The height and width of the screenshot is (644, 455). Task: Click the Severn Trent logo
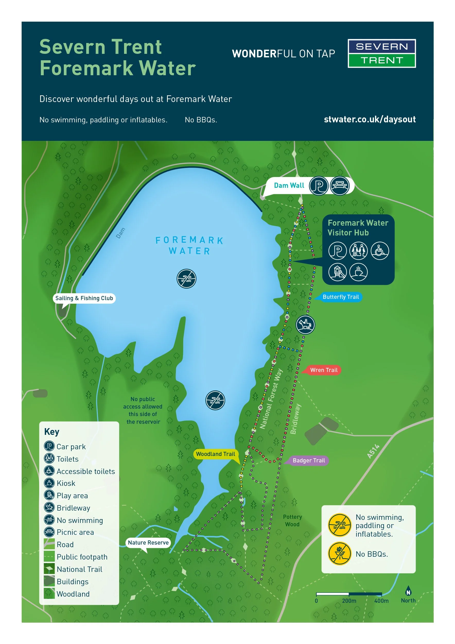(x=382, y=53)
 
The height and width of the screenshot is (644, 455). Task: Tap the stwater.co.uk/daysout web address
(x=370, y=119)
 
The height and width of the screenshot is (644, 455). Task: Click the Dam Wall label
(x=289, y=185)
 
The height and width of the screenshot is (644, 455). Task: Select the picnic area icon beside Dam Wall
(x=339, y=185)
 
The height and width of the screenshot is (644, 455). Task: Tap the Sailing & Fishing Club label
(x=84, y=298)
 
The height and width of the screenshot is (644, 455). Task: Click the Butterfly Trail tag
(x=340, y=297)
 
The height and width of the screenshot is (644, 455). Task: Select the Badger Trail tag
(x=309, y=460)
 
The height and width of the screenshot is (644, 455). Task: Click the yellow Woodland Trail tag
(x=215, y=454)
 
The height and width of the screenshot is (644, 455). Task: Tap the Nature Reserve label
(x=148, y=543)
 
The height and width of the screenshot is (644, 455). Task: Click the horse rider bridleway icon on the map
(x=305, y=325)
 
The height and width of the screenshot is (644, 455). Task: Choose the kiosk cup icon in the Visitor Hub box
(x=358, y=272)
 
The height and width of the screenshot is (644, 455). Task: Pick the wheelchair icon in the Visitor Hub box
(x=380, y=250)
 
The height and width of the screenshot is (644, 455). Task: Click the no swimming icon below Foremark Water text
(x=186, y=279)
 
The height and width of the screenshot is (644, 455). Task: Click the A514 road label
(x=373, y=451)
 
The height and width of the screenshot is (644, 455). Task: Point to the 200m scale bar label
(x=349, y=600)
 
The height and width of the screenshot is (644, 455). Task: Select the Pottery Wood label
(x=292, y=520)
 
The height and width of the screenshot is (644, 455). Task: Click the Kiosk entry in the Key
(x=66, y=483)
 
